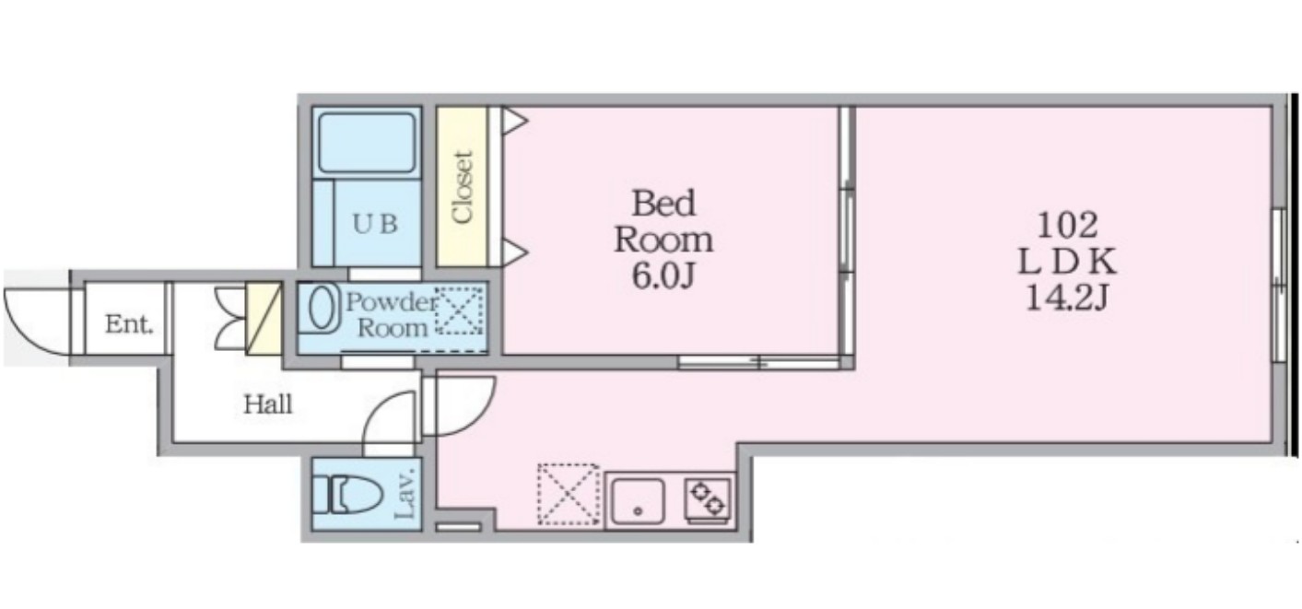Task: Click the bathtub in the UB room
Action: coord(368,143)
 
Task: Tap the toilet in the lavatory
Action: coord(348,495)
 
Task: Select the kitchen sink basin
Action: coord(638,501)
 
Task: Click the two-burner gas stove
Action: coord(708,498)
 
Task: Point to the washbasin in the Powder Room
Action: coord(321,308)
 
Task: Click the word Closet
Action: coord(463,187)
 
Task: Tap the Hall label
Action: coord(267,404)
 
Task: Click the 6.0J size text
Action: coord(663,276)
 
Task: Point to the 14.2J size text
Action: coord(1067,299)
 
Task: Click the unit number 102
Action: coord(1067,225)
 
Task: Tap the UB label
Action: coord(375,224)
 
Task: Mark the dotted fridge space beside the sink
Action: coord(569,494)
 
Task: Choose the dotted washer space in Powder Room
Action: coord(459,310)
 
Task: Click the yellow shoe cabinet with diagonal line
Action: coord(264,318)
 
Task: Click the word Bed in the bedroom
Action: coord(663,204)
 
